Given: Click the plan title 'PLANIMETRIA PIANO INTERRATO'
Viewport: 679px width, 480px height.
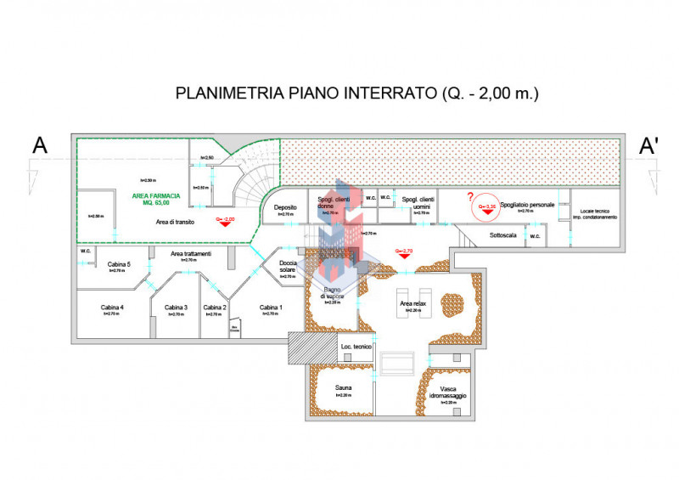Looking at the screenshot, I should pyautogui.click(x=306, y=93).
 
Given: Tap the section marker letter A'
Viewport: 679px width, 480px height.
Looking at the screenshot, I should pyautogui.click(x=649, y=146).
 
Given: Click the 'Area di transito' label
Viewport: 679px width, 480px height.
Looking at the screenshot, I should pyautogui.click(x=175, y=221).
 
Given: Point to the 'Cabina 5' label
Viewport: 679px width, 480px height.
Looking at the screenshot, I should pyautogui.click(x=118, y=264).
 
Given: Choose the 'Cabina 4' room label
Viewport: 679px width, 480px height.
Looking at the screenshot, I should pyautogui.click(x=112, y=307).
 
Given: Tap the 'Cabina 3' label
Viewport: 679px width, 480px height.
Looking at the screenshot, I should pyautogui.click(x=176, y=307).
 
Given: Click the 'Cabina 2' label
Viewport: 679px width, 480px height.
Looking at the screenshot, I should pyautogui.click(x=214, y=307).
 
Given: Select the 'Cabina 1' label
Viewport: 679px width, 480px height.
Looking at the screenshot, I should pyautogui.click(x=271, y=307).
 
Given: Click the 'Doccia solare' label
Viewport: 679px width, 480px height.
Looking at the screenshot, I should pyautogui.click(x=288, y=266).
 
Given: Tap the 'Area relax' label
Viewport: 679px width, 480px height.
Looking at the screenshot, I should pyautogui.click(x=413, y=302).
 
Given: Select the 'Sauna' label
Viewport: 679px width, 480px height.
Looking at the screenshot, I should pyautogui.click(x=343, y=387).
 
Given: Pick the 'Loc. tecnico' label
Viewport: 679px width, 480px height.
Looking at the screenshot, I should pyautogui.click(x=356, y=347).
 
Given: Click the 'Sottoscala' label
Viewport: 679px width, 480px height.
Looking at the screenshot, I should pyautogui.click(x=502, y=234).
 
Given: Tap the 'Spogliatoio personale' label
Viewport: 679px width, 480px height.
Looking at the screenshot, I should pyautogui.click(x=527, y=205).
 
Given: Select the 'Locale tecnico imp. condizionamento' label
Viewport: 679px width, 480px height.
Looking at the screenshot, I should pyautogui.click(x=593, y=213).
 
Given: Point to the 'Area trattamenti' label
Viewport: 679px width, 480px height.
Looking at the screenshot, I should pyautogui.click(x=191, y=253).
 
